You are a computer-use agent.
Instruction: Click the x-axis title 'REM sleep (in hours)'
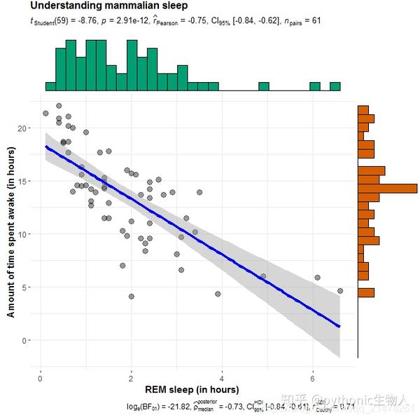click(192, 389)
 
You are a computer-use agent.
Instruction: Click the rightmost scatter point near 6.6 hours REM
click(340, 290)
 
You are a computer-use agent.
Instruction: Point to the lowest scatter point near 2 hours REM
click(131, 297)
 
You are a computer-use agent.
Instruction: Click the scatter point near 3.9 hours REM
click(218, 294)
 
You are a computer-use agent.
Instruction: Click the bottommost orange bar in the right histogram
click(366, 292)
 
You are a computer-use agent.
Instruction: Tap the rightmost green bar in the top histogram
click(335, 86)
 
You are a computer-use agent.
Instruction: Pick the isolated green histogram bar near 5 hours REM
click(264, 86)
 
